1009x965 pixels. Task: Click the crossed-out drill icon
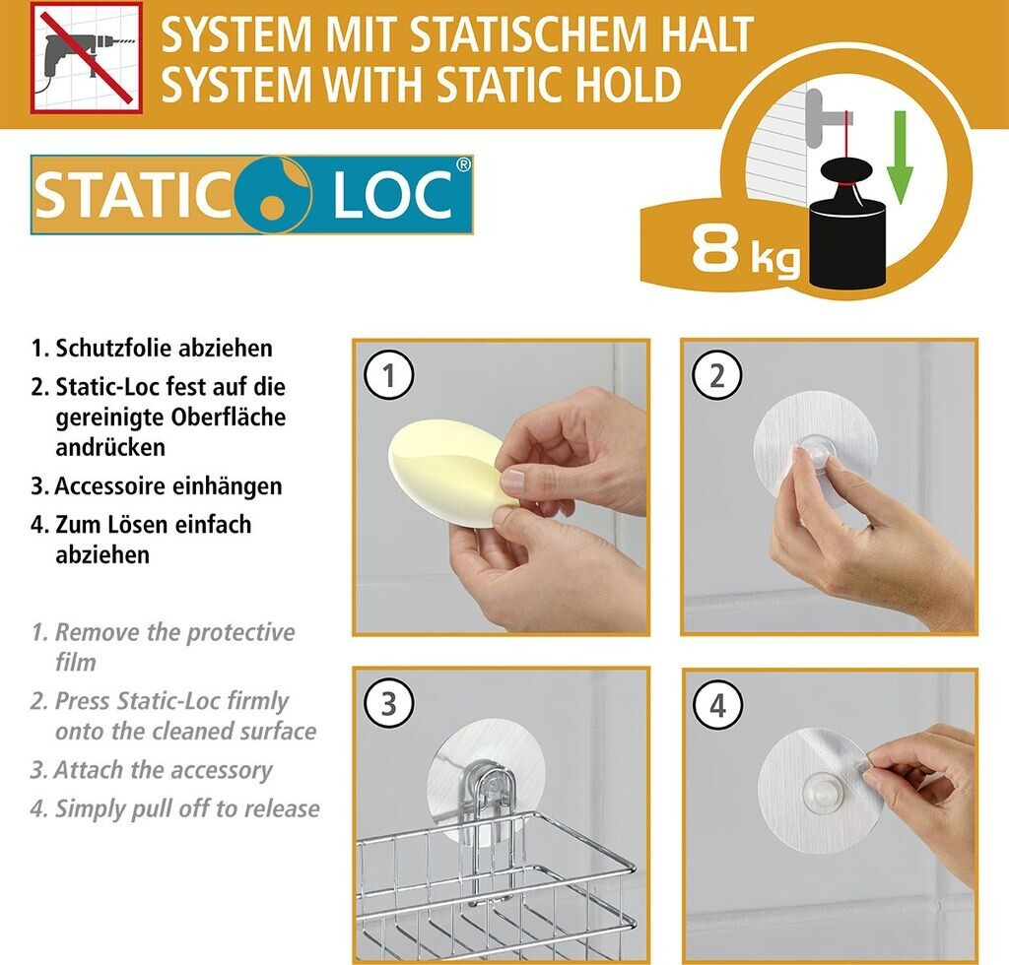pos(86,57)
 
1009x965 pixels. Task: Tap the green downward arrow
pos(900,157)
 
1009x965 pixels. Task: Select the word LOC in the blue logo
pos(392,195)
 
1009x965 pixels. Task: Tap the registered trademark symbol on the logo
pos(463,164)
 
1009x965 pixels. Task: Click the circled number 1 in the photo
pos(388,375)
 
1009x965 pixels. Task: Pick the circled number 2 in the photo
pos(717,375)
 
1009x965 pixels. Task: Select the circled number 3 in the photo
pos(388,704)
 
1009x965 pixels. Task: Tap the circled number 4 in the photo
pos(717,705)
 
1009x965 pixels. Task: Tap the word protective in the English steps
pos(240,632)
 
